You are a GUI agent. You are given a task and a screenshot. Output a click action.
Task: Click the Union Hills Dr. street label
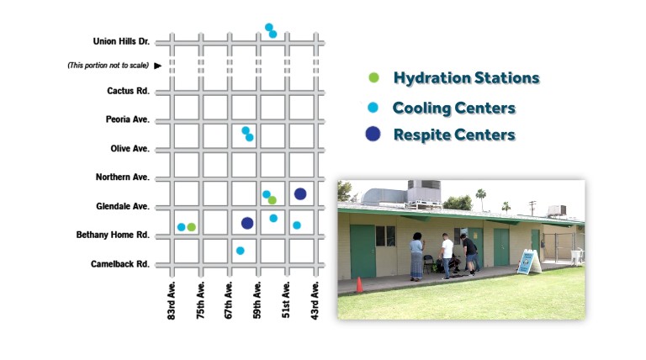pos(121,41)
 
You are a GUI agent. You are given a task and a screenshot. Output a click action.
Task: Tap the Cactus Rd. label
pos(128,91)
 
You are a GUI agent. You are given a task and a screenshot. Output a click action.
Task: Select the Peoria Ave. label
pos(128,119)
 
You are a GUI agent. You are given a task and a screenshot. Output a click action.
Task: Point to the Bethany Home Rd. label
pos(113,235)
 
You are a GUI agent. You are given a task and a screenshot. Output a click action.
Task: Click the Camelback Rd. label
pos(120,264)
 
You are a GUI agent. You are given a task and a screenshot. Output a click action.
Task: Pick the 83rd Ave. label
pos(172,300)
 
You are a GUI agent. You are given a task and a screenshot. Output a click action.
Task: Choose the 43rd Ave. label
pos(315,300)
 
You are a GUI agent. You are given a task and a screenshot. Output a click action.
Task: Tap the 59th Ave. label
pos(257,300)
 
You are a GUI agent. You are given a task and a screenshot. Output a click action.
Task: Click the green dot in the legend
pos(373,77)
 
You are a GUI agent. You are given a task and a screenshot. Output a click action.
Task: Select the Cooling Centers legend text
pos(454,108)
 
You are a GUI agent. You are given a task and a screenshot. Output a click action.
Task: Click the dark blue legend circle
pos(373,134)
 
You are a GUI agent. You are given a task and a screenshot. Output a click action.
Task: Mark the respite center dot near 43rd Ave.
pos(300,193)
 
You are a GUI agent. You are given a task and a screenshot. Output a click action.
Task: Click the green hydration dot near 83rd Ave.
pos(191,227)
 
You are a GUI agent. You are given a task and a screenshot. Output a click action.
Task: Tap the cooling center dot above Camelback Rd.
pos(241,251)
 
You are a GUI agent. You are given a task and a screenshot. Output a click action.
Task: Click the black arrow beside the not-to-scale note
pos(158,66)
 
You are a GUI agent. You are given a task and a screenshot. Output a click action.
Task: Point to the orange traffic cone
pos(359,284)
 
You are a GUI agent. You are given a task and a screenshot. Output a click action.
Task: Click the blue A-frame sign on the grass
pos(529,262)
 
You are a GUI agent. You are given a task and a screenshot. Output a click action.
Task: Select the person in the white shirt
pos(447,256)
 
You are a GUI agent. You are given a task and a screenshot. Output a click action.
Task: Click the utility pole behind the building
pos(532,209)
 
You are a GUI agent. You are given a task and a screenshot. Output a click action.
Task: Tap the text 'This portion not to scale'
pos(108,66)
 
